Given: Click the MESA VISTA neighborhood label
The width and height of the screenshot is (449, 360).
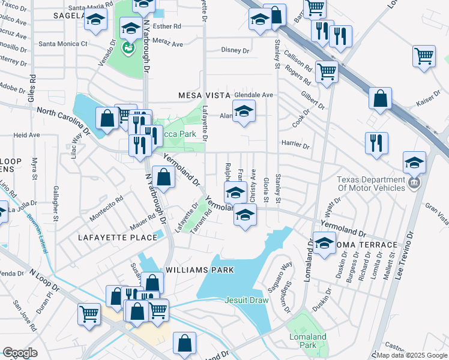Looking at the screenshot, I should (x=204, y=95).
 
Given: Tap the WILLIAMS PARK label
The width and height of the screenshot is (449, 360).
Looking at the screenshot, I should (x=199, y=270).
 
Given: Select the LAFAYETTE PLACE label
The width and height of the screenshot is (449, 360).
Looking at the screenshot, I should (x=118, y=238).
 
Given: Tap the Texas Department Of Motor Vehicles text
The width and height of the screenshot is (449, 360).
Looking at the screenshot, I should (x=371, y=184).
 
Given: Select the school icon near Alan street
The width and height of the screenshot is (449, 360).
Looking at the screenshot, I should (x=243, y=111).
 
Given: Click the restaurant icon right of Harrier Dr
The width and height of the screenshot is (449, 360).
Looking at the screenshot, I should (x=376, y=143).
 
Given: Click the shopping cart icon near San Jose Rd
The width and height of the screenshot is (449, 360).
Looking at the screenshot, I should (x=89, y=313).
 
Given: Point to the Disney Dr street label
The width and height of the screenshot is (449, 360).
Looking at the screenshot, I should (x=235, y=50).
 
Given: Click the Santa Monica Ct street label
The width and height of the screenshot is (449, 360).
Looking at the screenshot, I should (x=63, y=44).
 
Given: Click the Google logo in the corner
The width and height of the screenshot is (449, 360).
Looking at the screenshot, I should (x=20, y=353).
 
